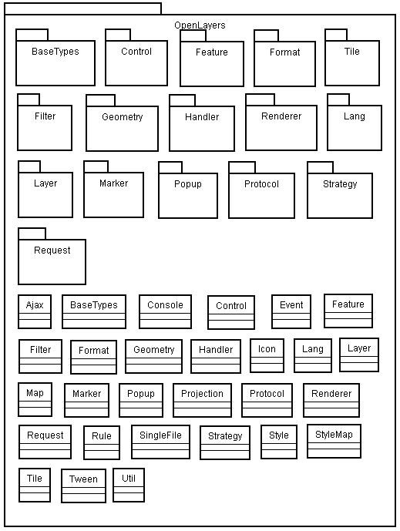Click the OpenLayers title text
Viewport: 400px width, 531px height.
coord(200,25)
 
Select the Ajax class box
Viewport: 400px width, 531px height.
coord(35,311)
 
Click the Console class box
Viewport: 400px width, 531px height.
coord(165,311)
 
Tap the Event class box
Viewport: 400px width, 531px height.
coord(291,311)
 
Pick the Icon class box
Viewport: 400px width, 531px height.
coord(267,355)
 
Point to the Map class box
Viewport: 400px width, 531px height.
coord(35,400)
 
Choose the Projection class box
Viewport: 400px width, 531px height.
coord(202,400)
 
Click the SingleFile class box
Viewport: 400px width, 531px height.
coord(160,442)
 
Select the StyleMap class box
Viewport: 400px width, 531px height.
coord(334,442)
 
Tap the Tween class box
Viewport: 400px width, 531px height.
coord(83,486)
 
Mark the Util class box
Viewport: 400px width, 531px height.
coord(129,485)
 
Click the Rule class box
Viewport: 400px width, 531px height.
coord(102,442)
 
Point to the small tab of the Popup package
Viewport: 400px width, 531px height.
coord(170,167)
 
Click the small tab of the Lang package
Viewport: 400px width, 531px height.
coord(338,99)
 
